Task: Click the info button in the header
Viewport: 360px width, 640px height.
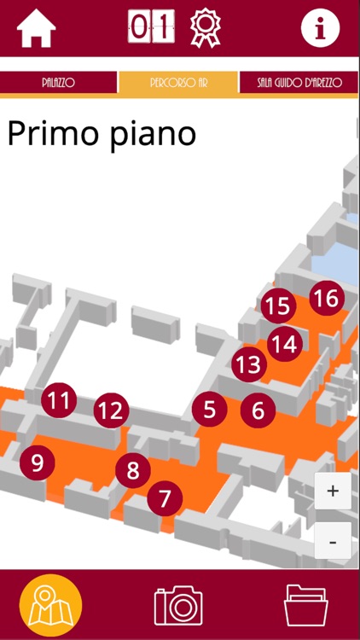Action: pos(321,28)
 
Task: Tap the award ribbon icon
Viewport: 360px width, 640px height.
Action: pos(206,28)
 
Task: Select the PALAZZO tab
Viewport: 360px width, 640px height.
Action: pos(58,83)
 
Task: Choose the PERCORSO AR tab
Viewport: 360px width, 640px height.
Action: pos(178,83)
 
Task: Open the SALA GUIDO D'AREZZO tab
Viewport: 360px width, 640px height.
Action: pos(299,83)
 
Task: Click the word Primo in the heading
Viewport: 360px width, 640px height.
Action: pos(54,132)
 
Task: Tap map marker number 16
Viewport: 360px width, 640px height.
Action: pos(327,299)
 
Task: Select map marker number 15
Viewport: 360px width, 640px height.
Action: pos(278,306)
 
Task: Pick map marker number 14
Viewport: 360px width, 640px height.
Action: pos(285,344)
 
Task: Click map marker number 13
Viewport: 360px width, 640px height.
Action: pos(249,364)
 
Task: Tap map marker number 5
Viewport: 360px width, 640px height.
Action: pos(210,410)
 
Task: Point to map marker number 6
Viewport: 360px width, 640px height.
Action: pos(258,410)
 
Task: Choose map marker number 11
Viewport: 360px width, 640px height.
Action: pos(59,400)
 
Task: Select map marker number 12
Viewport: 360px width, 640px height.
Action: pos(112,410)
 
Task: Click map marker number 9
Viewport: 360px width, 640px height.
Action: pos(38,463)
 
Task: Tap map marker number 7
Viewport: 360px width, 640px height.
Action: pos(165,498)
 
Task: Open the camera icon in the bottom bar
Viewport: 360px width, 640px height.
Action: pos(178,605)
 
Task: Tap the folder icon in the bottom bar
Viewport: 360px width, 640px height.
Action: pos(306,605)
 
